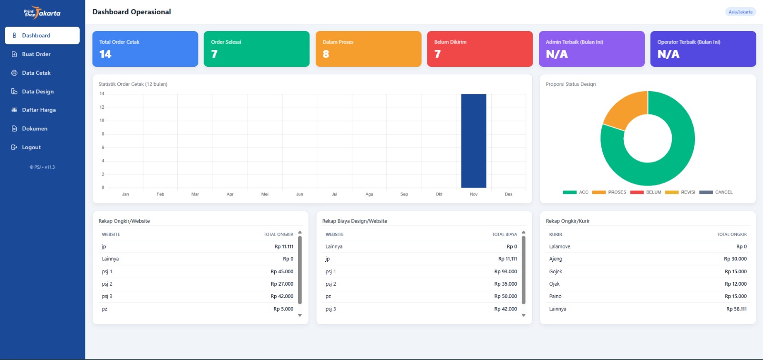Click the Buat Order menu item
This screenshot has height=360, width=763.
coord(36,54)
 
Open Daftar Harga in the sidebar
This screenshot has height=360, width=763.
coord(39,110)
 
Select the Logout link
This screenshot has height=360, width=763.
coord(31,147)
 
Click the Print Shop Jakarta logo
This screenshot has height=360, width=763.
coord(42,13)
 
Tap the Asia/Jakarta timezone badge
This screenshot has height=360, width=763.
coord(740,12)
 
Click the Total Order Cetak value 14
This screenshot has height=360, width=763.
coord(105,54)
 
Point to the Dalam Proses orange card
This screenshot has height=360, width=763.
coord(368,49)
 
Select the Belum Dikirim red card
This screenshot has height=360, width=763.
coord(480,49)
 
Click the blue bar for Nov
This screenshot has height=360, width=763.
coord(474,141)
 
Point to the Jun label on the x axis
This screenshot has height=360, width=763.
coord(299,195)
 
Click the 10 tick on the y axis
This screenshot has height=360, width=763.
coord(102,121)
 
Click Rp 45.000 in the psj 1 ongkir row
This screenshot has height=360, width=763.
coord(282,272)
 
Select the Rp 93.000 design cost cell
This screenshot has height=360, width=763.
coord(505,272)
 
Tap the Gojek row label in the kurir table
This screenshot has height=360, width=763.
coord(556,272)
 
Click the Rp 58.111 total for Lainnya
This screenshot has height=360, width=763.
coord(736,309)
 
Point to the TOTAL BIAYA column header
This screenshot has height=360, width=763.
coord(504,235)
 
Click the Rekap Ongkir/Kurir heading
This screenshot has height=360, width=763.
coord(567,221)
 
